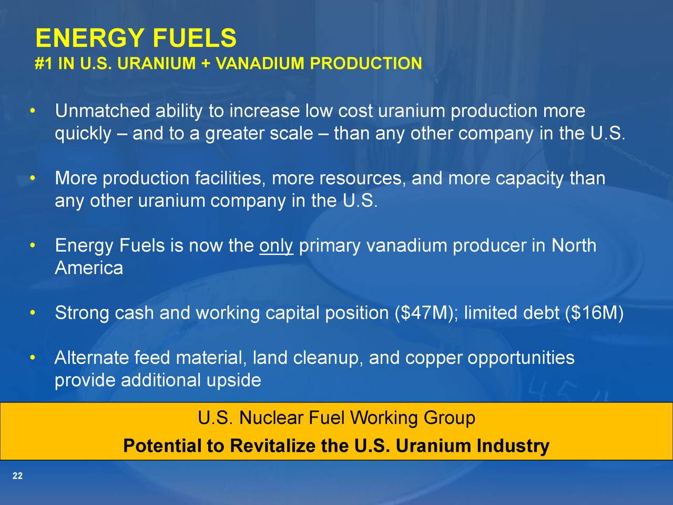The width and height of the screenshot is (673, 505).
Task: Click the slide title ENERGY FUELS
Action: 136,38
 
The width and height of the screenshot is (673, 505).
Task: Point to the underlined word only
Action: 276,246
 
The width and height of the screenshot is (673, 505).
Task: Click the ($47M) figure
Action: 425,313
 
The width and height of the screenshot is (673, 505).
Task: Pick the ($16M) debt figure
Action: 594,313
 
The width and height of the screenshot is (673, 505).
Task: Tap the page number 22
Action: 17,476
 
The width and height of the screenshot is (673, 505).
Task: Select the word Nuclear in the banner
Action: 271,418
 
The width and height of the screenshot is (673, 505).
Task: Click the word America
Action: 89,268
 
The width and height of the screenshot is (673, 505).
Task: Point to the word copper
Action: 434,358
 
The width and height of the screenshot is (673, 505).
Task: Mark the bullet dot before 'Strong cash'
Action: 33,314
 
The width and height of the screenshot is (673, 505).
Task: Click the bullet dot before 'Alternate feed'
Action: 33,359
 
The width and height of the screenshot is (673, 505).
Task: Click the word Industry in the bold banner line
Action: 513,446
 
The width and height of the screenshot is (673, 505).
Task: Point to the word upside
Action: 233,380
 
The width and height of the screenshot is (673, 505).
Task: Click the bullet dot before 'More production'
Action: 33,179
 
